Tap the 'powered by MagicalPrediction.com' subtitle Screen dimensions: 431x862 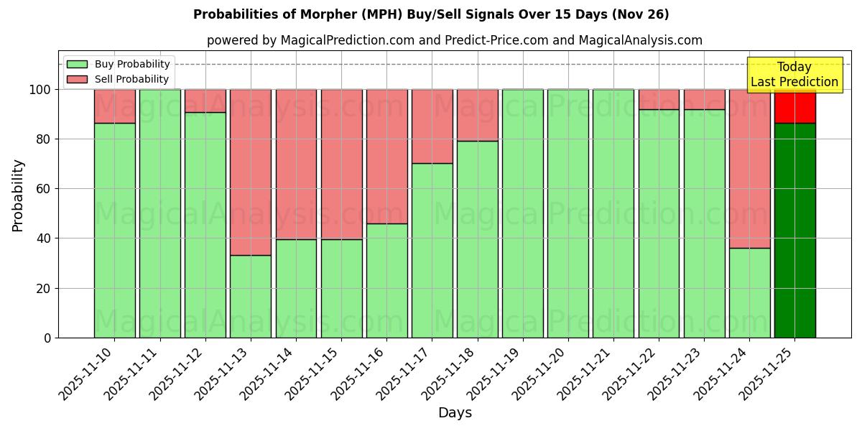click(454, 40)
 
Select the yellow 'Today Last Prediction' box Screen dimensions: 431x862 click(794, 75)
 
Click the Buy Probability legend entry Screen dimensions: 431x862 click(119, 64)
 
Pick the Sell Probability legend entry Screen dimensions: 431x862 click(119, 79)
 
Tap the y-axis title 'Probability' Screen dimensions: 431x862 click(18, 195)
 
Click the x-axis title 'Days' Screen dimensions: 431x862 click(455, 412)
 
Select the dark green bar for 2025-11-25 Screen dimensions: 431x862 click(794, 230)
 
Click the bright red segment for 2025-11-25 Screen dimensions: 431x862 click(794, 106)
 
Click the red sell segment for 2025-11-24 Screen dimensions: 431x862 click(749, 169)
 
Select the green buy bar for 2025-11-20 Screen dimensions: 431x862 click(567, 213)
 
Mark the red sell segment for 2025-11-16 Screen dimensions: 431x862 click(386, 157)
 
